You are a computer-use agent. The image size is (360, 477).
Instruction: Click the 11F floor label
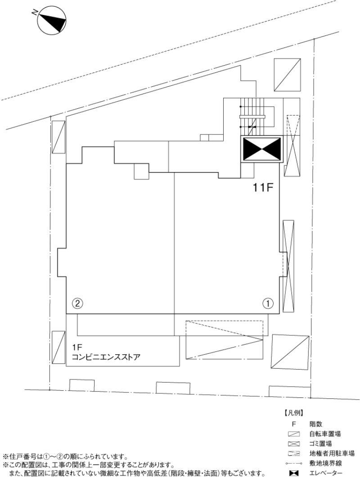(262, 187)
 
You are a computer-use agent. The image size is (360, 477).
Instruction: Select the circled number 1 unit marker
(268, 303)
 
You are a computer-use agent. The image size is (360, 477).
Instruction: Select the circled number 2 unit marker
(77, 303)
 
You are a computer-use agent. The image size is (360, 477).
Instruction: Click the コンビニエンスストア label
(106, 357)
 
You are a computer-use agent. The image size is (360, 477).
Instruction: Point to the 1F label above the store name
(76, 347)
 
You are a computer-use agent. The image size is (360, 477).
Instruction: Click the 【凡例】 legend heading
(293, 414)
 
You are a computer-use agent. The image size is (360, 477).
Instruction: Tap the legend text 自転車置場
(324, 434)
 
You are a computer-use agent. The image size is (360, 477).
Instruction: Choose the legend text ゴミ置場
(320, 444)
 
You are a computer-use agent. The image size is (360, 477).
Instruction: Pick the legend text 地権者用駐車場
(332, 454)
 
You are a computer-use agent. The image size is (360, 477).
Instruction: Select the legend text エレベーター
(325, 473)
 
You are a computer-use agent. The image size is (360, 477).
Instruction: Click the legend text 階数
(315, 424)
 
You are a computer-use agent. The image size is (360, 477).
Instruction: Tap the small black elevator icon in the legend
(293, 473)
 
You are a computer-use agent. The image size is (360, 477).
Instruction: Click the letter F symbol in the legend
(294, 424)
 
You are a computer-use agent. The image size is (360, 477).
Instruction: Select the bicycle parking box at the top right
(288, 75)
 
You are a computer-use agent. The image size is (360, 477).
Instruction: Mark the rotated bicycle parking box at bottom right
(290, 352)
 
